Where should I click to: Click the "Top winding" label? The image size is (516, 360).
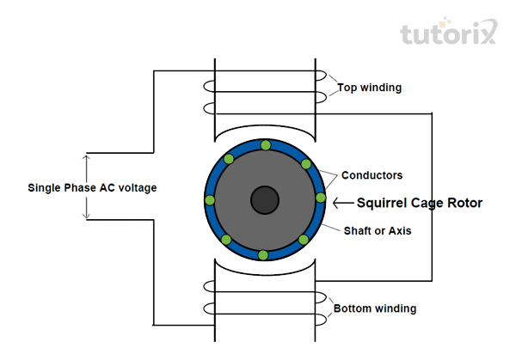click(x=369, y=88)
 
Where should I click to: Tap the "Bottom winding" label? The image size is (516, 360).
click(x=375, y=308)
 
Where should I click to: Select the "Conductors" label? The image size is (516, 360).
click(x=372, y=175)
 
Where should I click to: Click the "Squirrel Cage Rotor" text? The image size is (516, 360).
click(x=420, y=203)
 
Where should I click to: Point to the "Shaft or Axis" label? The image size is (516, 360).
click(x=378, y=231)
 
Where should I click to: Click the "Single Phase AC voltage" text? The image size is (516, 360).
click(x=92, y=187)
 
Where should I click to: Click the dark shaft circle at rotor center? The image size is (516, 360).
click(x=265, y=200)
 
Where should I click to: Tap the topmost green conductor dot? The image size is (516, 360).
click(x=266, y=145)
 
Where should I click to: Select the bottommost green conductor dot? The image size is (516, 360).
click(x=263, y=255)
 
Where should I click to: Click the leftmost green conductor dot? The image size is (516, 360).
click(x=210, y=200)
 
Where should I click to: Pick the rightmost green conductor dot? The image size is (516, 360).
click(x=321, y=198)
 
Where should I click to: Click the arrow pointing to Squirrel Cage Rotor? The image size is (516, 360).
click(x=343, y=203)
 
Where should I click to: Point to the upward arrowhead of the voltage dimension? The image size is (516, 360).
click(x=86, y=157)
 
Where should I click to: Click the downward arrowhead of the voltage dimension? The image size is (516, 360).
click(x=86, y=216)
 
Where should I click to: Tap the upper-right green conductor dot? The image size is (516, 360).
click(x=306, y=164)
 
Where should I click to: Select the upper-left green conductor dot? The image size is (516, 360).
click(x=229, y=159)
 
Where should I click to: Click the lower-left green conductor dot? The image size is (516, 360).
click(x=226, y=240)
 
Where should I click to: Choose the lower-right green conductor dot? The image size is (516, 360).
click(x=304, y=240)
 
